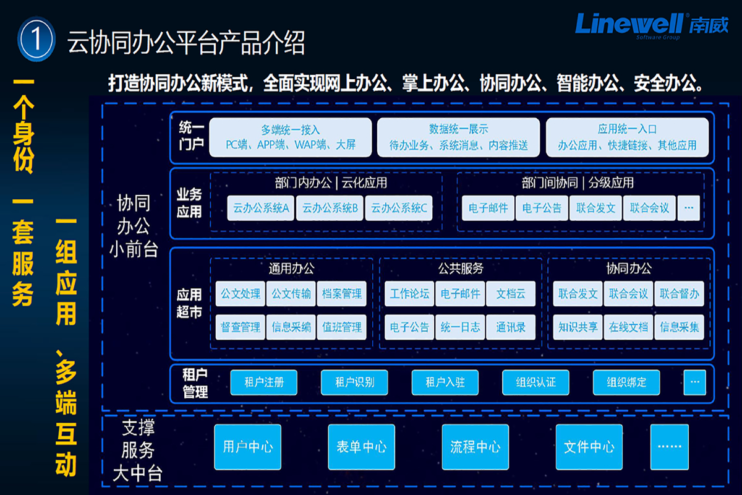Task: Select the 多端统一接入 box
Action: [x=291, y=137]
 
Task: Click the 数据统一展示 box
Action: [x=459, y=137]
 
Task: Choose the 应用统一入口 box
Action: [x=627, y=137]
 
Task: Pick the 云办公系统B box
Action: [x=330, y=209]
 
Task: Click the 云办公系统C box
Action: [x=399, y=209]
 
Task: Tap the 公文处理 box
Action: [x=241, y=294]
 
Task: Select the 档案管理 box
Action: [x=342, y=294]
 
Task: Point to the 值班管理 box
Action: [x=342, y=327]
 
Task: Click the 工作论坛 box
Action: [x=409, y=294]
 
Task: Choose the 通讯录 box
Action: [x=511, y=327]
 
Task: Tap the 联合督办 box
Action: [x=679, y=294]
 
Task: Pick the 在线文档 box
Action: [x=628, y=327]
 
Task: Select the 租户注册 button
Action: [x=264, y=382]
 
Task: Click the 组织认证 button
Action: [x=536, y=382]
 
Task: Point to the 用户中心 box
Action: [x=248, y=447]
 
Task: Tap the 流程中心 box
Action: [x=475, y=447]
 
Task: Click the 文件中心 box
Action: [x=589, y=447]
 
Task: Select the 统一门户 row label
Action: [x=191, y=137]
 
